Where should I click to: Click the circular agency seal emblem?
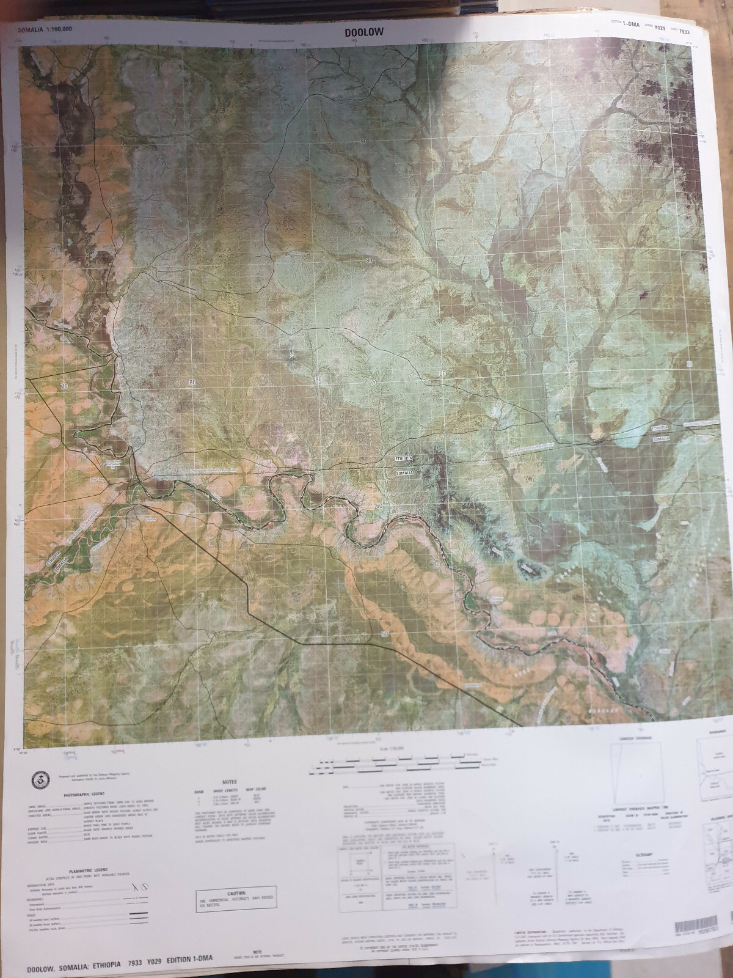click(x=38, y=780)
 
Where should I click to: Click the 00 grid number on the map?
click(x=442, y=373)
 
